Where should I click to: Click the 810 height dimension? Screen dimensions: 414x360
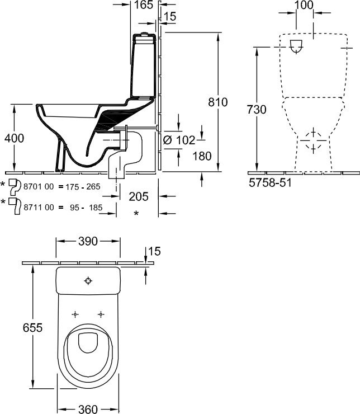tap(217, 102)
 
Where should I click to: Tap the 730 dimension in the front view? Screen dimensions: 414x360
tap(257, 110)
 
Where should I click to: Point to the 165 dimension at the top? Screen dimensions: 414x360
tap(144, 6)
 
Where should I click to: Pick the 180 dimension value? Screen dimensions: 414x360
tap(202, 156)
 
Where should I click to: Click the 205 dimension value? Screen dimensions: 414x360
tap(139, 196)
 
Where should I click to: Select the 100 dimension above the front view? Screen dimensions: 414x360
tap(304, 6)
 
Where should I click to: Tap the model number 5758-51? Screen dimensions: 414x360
tap(269, 182)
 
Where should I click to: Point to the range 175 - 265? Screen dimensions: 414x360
tap(80, 186)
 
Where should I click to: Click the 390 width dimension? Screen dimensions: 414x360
tap(88, 242)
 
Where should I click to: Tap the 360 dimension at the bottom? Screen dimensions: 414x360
tap(88, 408)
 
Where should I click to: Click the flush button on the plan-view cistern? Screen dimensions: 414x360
tap(89, 280)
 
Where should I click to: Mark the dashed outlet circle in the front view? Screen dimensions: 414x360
tap(313, 141)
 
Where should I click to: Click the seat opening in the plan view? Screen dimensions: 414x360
tap(89, 342)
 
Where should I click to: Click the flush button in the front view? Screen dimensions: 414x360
tap(299, 48)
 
